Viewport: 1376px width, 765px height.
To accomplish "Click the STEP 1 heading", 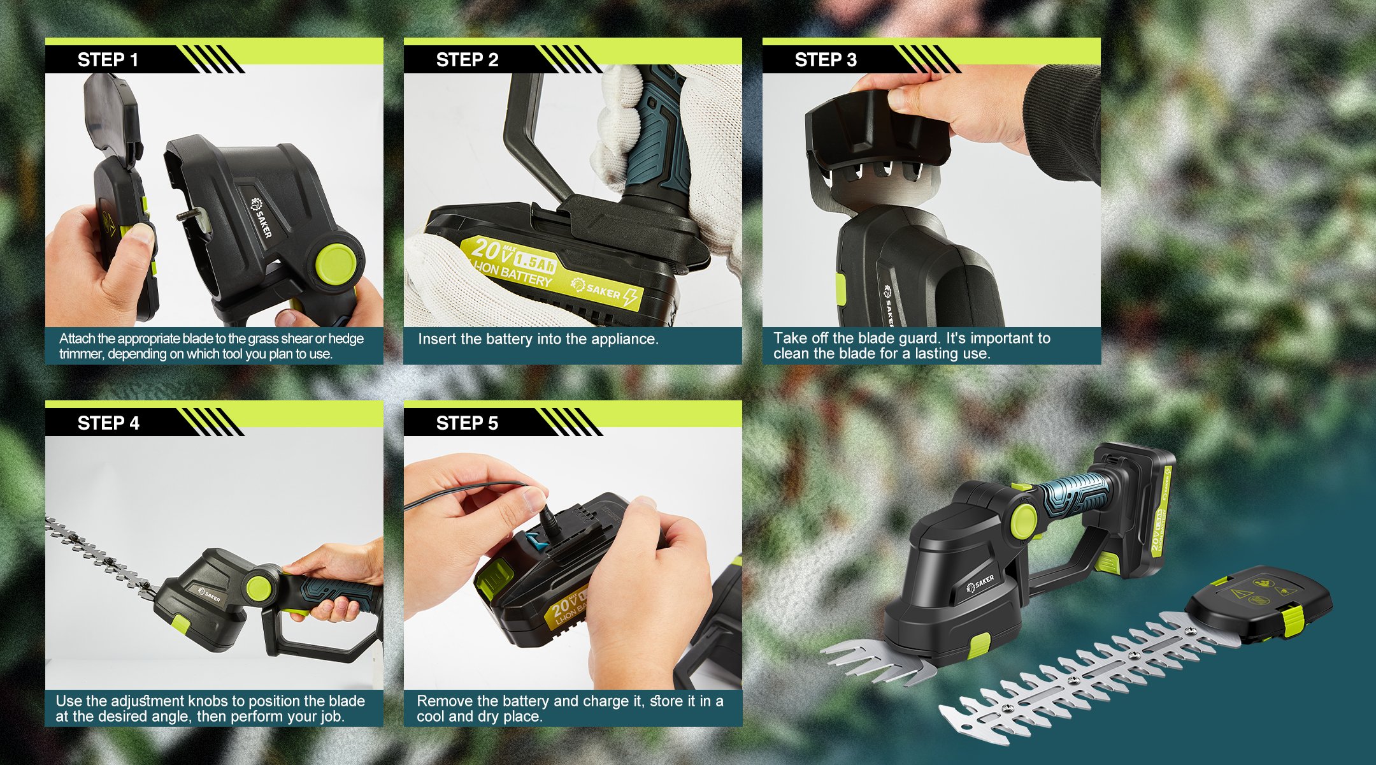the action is tap(108, 60).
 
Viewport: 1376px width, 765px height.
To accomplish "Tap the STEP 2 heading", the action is tap(467, 60).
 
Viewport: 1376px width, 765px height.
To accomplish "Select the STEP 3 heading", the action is tap(826, 60).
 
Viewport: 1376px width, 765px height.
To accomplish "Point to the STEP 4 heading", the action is tap(108, 423).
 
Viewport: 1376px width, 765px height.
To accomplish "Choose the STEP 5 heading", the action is tap(467, 423).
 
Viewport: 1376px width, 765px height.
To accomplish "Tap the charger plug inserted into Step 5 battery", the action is tap(548, 520).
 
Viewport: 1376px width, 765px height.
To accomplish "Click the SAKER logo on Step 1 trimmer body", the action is tap(262, 217).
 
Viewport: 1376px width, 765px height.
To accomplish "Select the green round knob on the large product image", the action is tap(1024, 520).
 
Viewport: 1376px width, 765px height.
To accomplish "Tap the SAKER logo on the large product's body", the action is tap(980, 583).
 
